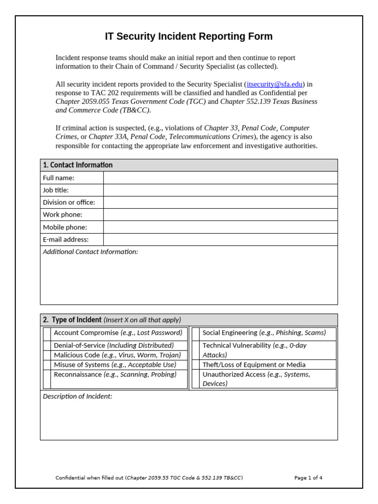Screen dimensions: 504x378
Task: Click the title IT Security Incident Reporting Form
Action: click(189, 36)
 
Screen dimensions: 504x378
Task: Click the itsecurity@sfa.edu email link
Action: click(275, 84)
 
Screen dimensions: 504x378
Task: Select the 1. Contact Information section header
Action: click(78, 165)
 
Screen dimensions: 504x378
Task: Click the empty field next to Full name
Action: click(220, 178)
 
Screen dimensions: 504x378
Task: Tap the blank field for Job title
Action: click(220, 190)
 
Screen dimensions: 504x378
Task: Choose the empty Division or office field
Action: click(220, 202)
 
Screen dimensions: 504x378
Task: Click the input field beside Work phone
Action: click(220, 215)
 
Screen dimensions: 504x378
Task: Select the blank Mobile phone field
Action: click(220, 227)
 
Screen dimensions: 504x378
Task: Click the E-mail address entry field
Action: click(220, 239)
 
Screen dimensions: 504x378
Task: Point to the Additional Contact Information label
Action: click(91, 252)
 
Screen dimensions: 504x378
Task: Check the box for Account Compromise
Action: click(47, 334)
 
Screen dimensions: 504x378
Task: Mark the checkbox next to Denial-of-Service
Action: click(47, 346)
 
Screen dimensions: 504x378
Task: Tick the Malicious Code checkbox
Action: click(47, 355)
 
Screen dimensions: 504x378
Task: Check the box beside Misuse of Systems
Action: click(47, 365)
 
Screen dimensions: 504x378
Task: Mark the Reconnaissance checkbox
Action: click(47, 379)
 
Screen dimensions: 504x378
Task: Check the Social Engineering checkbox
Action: click(196, 334)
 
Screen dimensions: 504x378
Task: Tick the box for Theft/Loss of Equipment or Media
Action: click(196, 365)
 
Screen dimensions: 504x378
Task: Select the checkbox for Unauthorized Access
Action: click(196, 379)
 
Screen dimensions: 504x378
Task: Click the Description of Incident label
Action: click(77, 396)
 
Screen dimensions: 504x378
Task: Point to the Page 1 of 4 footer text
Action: click(308, 477)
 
